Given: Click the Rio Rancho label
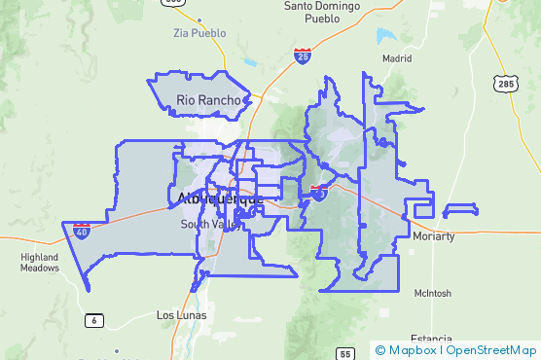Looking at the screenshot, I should pos(205,99).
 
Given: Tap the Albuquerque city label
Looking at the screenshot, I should pos(221,198).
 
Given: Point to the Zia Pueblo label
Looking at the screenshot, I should pos(198,32).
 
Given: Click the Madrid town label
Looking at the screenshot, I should pos(397,57).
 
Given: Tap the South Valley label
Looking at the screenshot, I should pos(209,224).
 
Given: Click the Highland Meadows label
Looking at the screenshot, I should pos(40,262).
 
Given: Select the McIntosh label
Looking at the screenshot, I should pos(432,292).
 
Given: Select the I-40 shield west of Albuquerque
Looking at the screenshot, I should pos(82,232).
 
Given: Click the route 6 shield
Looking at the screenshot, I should pos(94,320).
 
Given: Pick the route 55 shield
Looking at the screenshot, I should pos(345,354).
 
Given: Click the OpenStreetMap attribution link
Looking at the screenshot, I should pos(490,349).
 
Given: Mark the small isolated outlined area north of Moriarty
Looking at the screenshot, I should pos(459,209).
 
